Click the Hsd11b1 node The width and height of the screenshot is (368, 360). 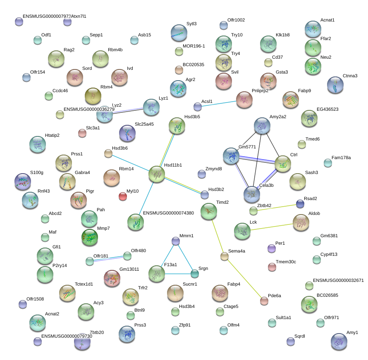[x=157, y=174]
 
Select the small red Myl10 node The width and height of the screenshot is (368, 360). [x=123, y=196]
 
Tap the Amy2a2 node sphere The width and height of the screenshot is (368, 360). [x=262, y=126]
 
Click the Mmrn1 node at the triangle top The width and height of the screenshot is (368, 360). [x=176, y=241]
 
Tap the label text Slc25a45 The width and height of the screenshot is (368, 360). [x=144, y=124]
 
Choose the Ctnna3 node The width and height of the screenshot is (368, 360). [x=335, y=85]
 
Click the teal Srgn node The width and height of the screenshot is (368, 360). [x=195, y=273]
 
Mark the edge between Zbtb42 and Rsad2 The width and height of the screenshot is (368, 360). [x=277, y=207]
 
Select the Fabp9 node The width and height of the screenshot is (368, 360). [x=291, y=100]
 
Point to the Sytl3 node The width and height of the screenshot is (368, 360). [x=179, y=32]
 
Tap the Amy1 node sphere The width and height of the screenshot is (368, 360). [x=339, y=341]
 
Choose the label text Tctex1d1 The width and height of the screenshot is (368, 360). [x=84, y=284]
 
